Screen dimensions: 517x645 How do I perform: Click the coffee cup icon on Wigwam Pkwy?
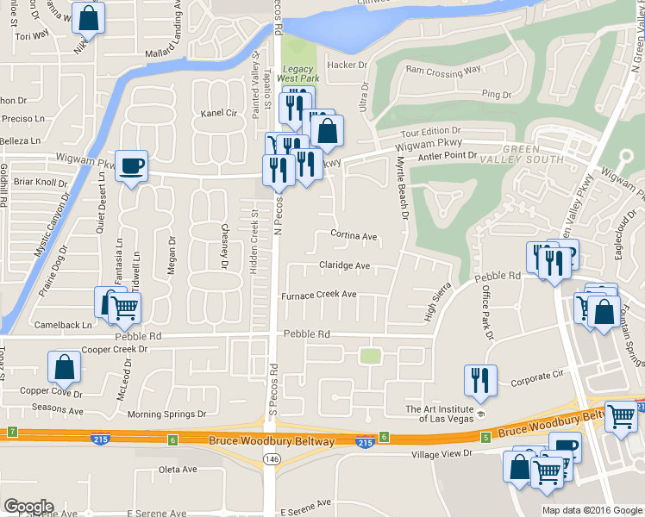tap(131, 165)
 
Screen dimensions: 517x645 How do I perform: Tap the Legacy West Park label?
tap(297, 74)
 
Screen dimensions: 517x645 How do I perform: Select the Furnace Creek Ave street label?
tap(319, 295)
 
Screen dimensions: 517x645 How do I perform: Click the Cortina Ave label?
tap(354, 235)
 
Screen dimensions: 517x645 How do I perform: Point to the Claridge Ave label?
tap(344, 265)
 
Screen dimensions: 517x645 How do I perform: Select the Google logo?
tap(28, 507)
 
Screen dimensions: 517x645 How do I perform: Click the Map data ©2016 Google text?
tap(592, 510)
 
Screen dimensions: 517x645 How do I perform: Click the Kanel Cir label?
tap(218, 113)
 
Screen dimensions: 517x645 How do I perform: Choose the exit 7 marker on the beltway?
tap(12, 431)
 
